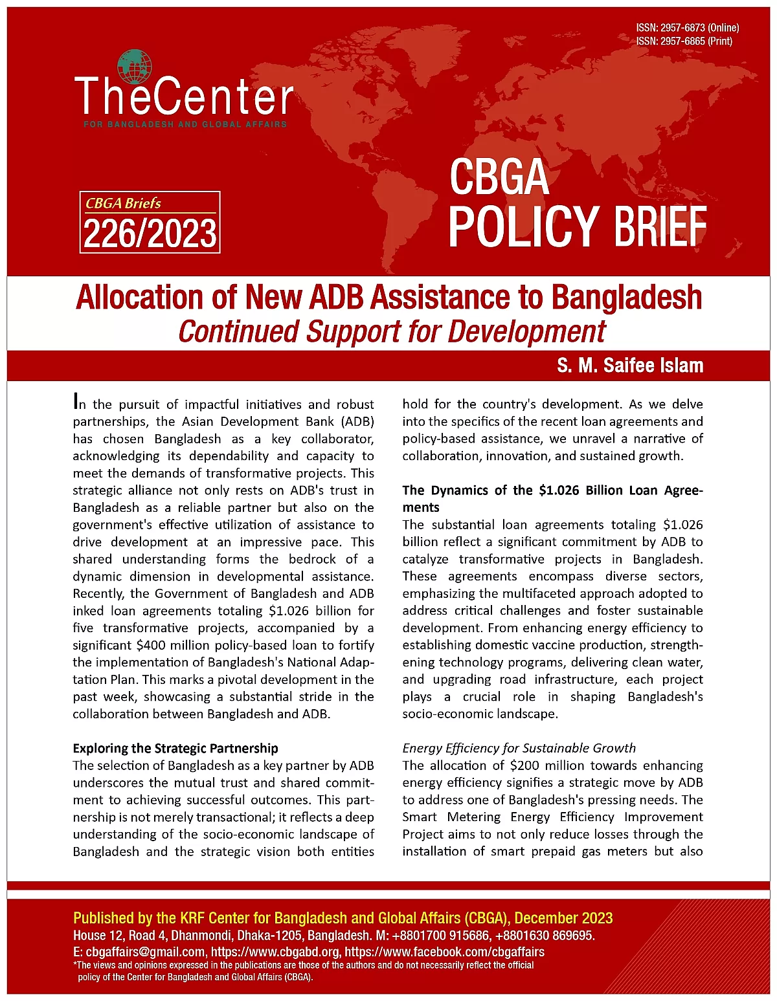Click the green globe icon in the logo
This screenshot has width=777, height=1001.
[x=135, y=67]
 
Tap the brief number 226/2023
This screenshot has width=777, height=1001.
[x=150, y=234]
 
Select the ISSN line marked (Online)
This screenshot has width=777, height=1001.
[x=687, y=28]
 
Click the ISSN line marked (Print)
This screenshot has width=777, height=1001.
[x=684, y=41]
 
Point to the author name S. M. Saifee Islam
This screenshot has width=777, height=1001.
[x=629, y=366]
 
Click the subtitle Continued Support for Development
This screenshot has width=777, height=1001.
[x=391, y=331]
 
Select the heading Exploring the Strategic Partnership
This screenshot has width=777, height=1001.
[x=175, y=748]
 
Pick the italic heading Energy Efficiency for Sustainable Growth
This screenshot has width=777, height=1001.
[x=519, y=748]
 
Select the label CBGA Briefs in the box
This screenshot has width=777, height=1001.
[x=123, y=203]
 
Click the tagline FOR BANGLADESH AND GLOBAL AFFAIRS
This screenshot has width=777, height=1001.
[x=185, y=124]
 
